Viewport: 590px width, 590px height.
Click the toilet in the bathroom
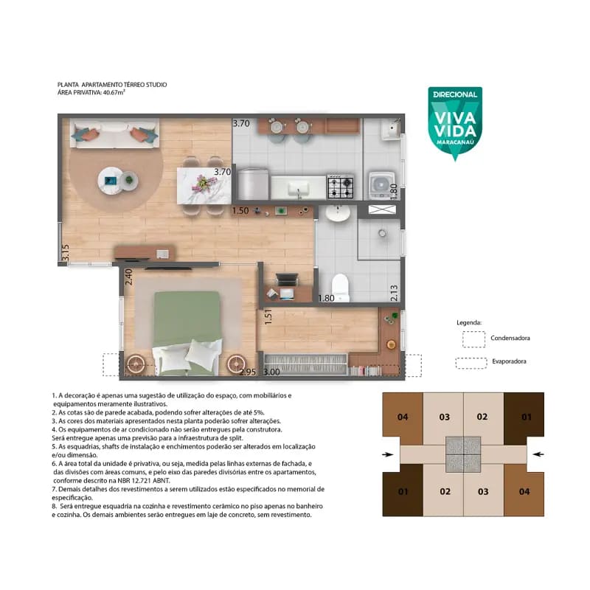pyautogui.click(x=341, y=288)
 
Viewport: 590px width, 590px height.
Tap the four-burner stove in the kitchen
pyautogui.click(x=341, y=187)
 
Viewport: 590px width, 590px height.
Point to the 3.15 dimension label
pyautogui.click(x=66, y=252)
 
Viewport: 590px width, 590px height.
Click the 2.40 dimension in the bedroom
pyautogui.click(x=128, y=277)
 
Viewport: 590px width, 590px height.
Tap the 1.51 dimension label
pyautogui.click(x=268, y=317)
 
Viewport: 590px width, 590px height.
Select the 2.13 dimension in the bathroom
pyautogui.click(x=394, y=293)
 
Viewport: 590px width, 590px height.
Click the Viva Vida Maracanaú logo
pyautogui.click(x=455, y=123)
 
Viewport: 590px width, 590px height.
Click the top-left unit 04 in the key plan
pyautogui.click(x=403, y=417)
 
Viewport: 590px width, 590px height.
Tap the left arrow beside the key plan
pyautogui.click(x=388, y=454)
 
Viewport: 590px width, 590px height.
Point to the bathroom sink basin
pyautogui.click(x=338, y=213)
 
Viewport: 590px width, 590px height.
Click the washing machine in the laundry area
pyautogui.click(x=381, y=186)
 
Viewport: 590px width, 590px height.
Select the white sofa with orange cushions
pyautogui.click(x=114, y=133)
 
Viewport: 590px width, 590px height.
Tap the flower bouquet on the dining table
pyautogui.click(x=204, y=184)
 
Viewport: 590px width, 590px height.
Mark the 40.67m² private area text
pyautogui.click(x=114, y=92)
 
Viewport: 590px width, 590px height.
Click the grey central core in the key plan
pyautogui.click(x=463, y=454)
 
